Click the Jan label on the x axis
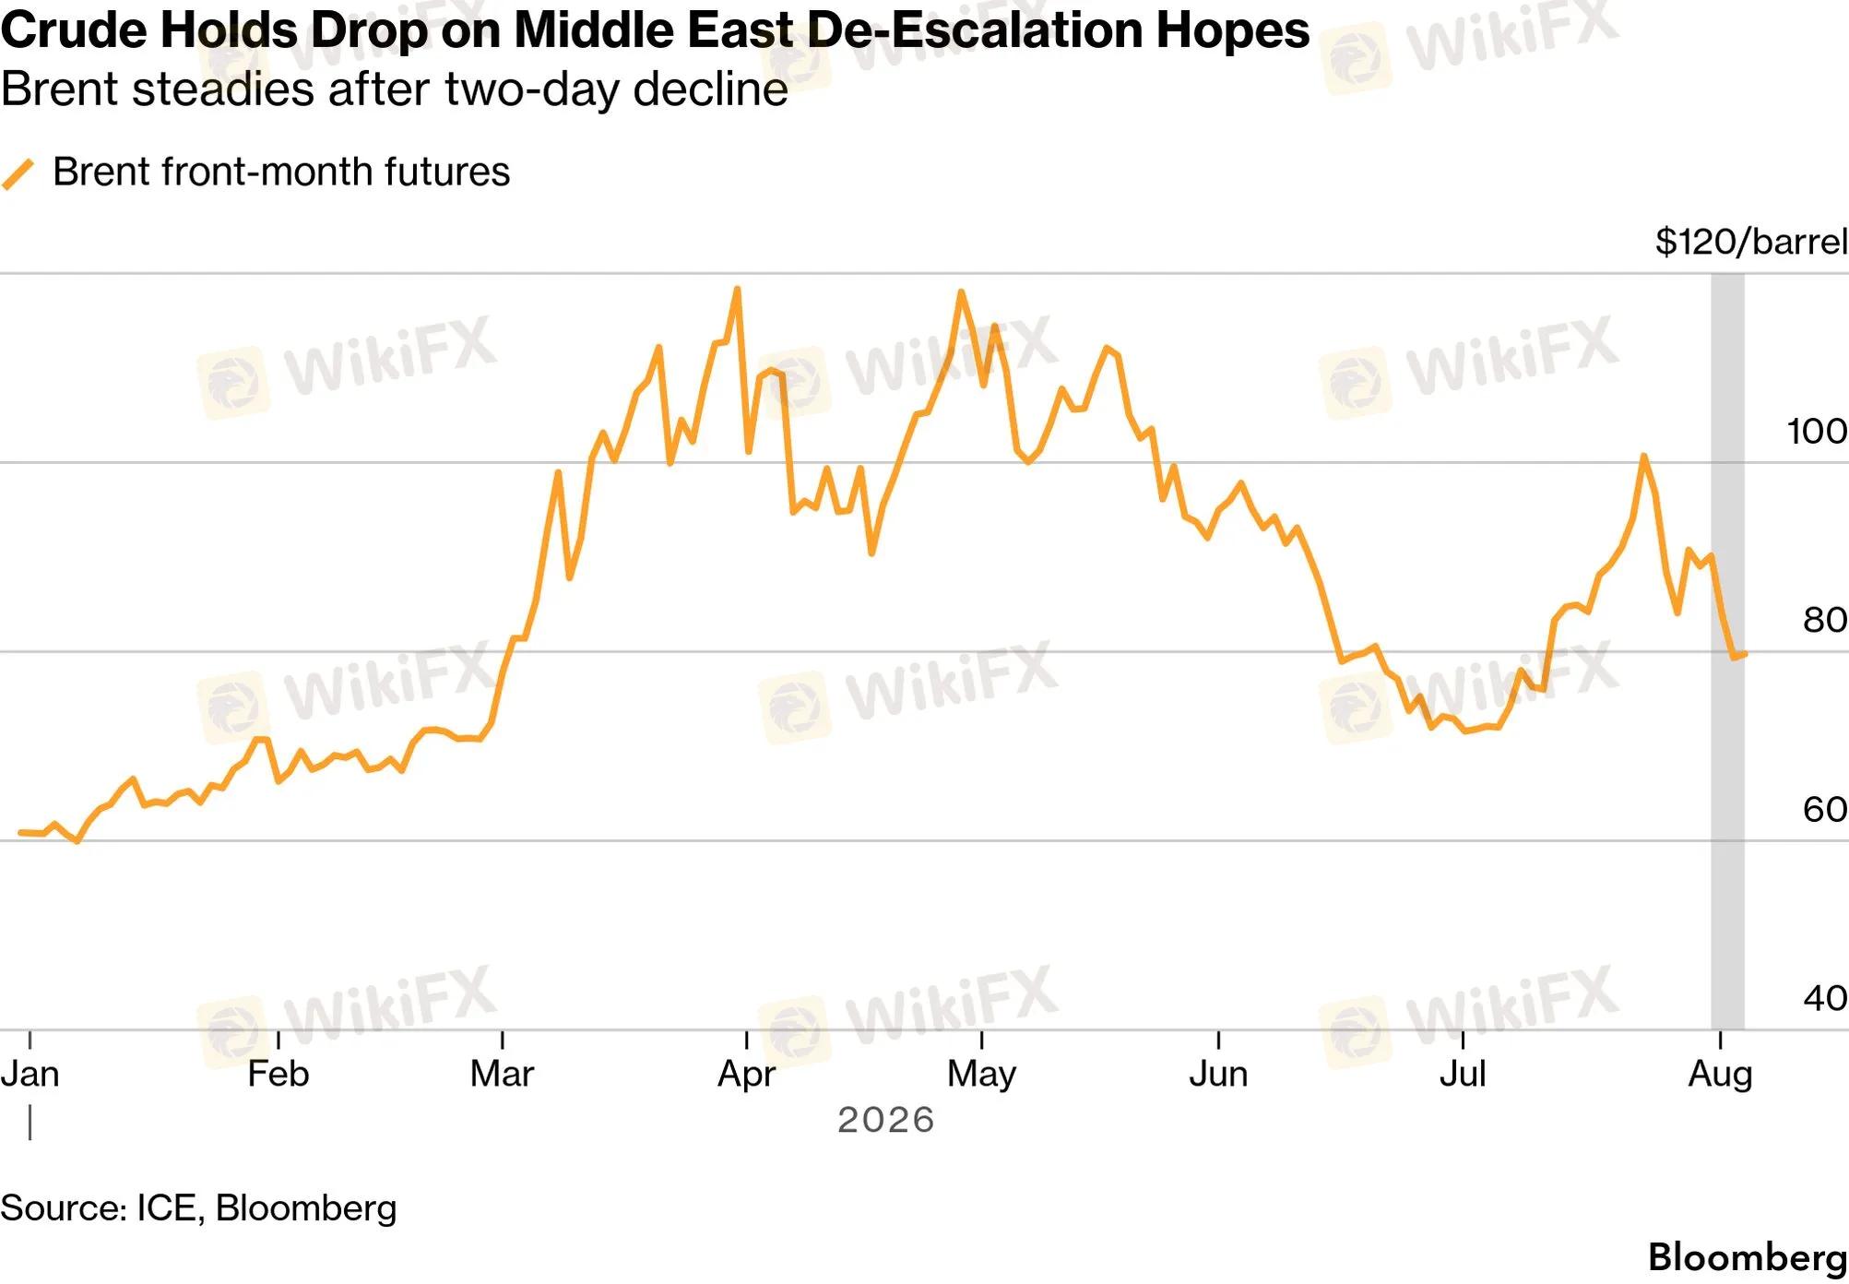click(x=30, y=1075)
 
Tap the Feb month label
click(x=278, y=1075)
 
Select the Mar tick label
click(x=502, y=1075)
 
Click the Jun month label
click(x=1218, y=1075)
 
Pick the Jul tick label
click(x=1463, y=1075)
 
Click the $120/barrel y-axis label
click(x=1751, y=243)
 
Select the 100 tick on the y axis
click(x=1817, y=432)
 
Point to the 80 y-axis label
click(x=1825, y=620)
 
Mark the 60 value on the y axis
click(x=1825, y=810)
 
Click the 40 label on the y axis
click(x=1825, y=998)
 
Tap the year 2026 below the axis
click(x=885, y=1120)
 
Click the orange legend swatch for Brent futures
click(x=18, y=174)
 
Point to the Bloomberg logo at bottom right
click(x=1748, y=1257)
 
